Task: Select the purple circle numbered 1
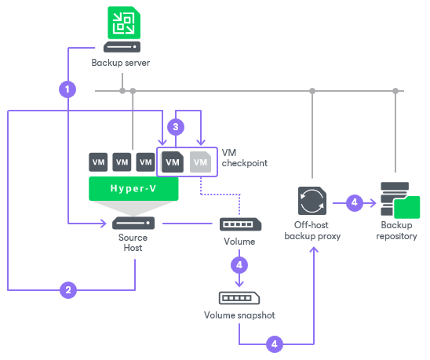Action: pyautogui.click(x=69, y=89)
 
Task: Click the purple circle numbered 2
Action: pyautogui.click(x=69, y=290)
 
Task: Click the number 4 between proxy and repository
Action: pyautogui.click(x=354, y=202)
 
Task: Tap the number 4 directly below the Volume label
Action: pyautogui.click(x=240, y=264)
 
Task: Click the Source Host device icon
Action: pyautogui.click(x=133, y=224)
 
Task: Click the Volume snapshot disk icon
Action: pyautogui.click(x=240, y=298)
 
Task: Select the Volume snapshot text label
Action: pyautogui.click(x=240, y=318)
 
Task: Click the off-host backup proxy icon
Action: pyautogui.click(x=312, y=201)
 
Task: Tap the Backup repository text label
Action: pyautogui.click(x=397, y=231)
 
